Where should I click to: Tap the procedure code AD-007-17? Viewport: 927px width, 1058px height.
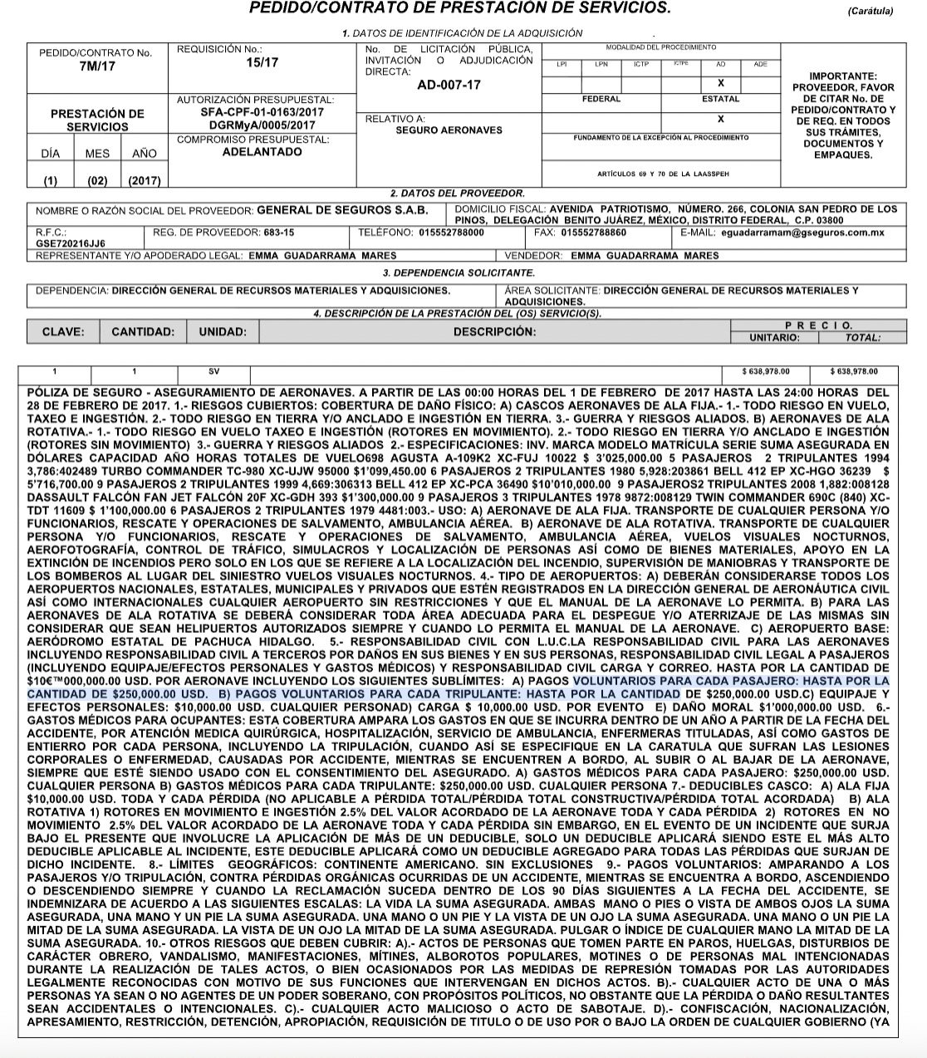tap(449, 85)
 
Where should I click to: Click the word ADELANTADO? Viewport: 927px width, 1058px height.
tap(262, 152)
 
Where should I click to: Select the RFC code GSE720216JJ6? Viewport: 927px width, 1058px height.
tap(70, 243)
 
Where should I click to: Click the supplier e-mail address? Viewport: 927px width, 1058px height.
tap(813, 233)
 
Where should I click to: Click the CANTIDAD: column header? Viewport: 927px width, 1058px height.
tap(143, 331)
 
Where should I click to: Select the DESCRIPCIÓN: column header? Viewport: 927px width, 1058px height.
tap(494, 331)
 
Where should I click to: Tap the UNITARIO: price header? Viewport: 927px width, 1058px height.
tap(774, 338)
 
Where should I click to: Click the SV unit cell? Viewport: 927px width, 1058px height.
tap(214, 373)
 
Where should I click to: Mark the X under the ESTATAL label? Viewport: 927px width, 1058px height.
tap(720, 119)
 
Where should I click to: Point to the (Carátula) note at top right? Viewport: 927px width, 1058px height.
tap(871, 12)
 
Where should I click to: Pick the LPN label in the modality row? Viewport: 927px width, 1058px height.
tap(601, 65)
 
